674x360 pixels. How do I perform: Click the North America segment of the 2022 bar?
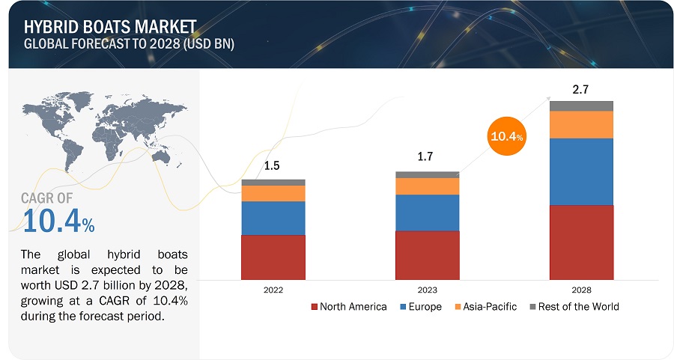coord(273,257)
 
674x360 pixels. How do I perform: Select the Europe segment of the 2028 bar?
coord(581,171)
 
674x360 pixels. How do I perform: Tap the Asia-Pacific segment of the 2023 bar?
coord(427,186)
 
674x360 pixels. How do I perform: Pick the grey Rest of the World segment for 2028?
coord(581,106)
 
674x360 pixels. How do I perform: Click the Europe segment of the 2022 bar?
coord(273,218)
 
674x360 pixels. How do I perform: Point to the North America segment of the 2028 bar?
coord(581,242)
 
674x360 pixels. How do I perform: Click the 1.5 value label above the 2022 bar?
coord(273,166)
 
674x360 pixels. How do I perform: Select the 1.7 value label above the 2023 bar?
coord(427,157)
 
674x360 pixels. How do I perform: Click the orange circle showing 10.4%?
coord(507,135)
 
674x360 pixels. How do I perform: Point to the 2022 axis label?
coord(273,289)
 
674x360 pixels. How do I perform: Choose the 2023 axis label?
coord(427,289)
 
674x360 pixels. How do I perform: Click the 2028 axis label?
coord(581,289)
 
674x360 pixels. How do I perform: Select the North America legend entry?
coord(348,307)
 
